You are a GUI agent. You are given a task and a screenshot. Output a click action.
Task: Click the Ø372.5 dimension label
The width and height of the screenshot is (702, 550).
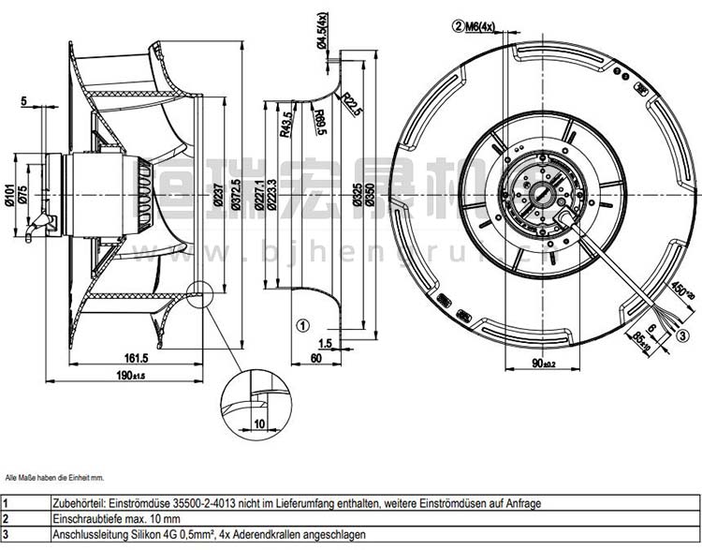point(236,191)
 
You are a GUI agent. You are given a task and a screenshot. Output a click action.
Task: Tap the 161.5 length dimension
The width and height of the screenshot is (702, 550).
point(137,357)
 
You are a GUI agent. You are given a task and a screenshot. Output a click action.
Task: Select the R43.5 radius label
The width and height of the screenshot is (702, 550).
point(285,126)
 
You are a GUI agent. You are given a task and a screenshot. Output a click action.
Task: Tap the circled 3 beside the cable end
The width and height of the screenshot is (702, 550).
point(683,335)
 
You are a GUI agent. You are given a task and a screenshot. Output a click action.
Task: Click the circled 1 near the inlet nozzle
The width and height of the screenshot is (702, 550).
point(302,326)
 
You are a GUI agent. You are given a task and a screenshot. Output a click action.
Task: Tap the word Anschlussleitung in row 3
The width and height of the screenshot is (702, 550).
point(88,533)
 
